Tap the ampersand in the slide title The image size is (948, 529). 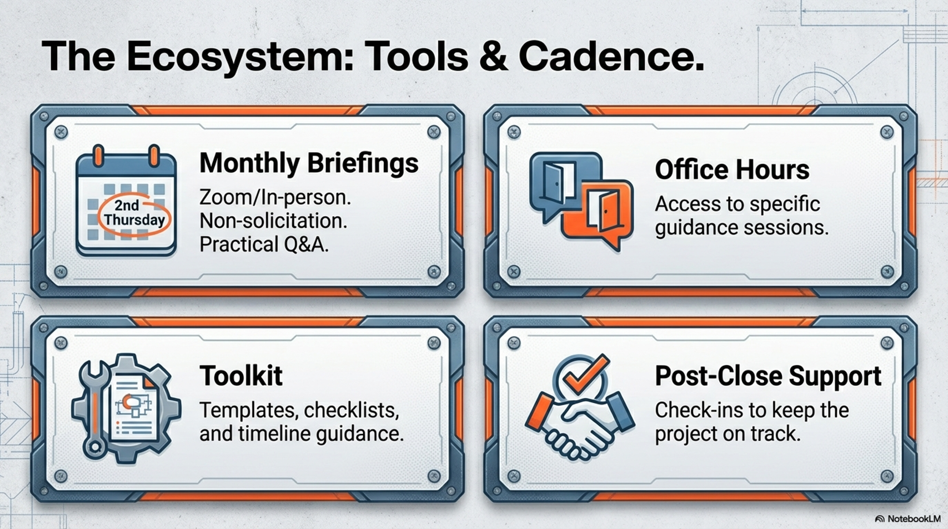pyautogui.click(x=493, y=56)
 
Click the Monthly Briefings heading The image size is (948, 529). pyautogui.click(x=309, y=163)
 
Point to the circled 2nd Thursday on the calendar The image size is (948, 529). pyautogui.click(x=134, y=213)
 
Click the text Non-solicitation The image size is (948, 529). pyautogui.click(x=273, y=221)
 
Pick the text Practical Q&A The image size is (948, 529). pyautogui.click(x=264, y=244)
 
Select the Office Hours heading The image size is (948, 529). pyautogui.click(x=732, y=169)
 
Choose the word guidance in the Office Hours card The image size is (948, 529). pyautogui.click(x=696, y=228)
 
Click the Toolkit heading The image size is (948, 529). pyautogui.click(x=241, y=375)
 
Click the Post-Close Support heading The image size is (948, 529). pyautogui.click(x=768, y=376)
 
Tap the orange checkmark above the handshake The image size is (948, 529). pyautogui.click(x=587, y=373)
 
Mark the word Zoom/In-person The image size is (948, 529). pyautogui.click(x=275, y=197)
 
